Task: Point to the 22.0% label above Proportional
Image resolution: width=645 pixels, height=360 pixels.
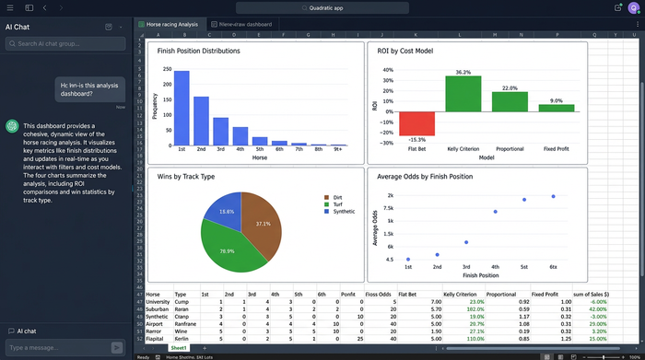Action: pos(510,87)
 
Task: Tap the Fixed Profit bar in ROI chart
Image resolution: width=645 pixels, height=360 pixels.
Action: pos(556,108)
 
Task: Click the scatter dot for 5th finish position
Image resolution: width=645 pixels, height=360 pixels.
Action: pos(524,199)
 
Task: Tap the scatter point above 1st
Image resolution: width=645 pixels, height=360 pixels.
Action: pos(407,260)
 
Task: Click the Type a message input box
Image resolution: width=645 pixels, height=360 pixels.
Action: pos(57,347)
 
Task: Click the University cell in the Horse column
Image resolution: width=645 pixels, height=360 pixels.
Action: pos(158,301)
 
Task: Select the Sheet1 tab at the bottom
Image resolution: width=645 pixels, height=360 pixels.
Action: pos(178,348)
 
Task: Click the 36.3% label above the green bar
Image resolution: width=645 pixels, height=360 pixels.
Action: pos(463,72)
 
